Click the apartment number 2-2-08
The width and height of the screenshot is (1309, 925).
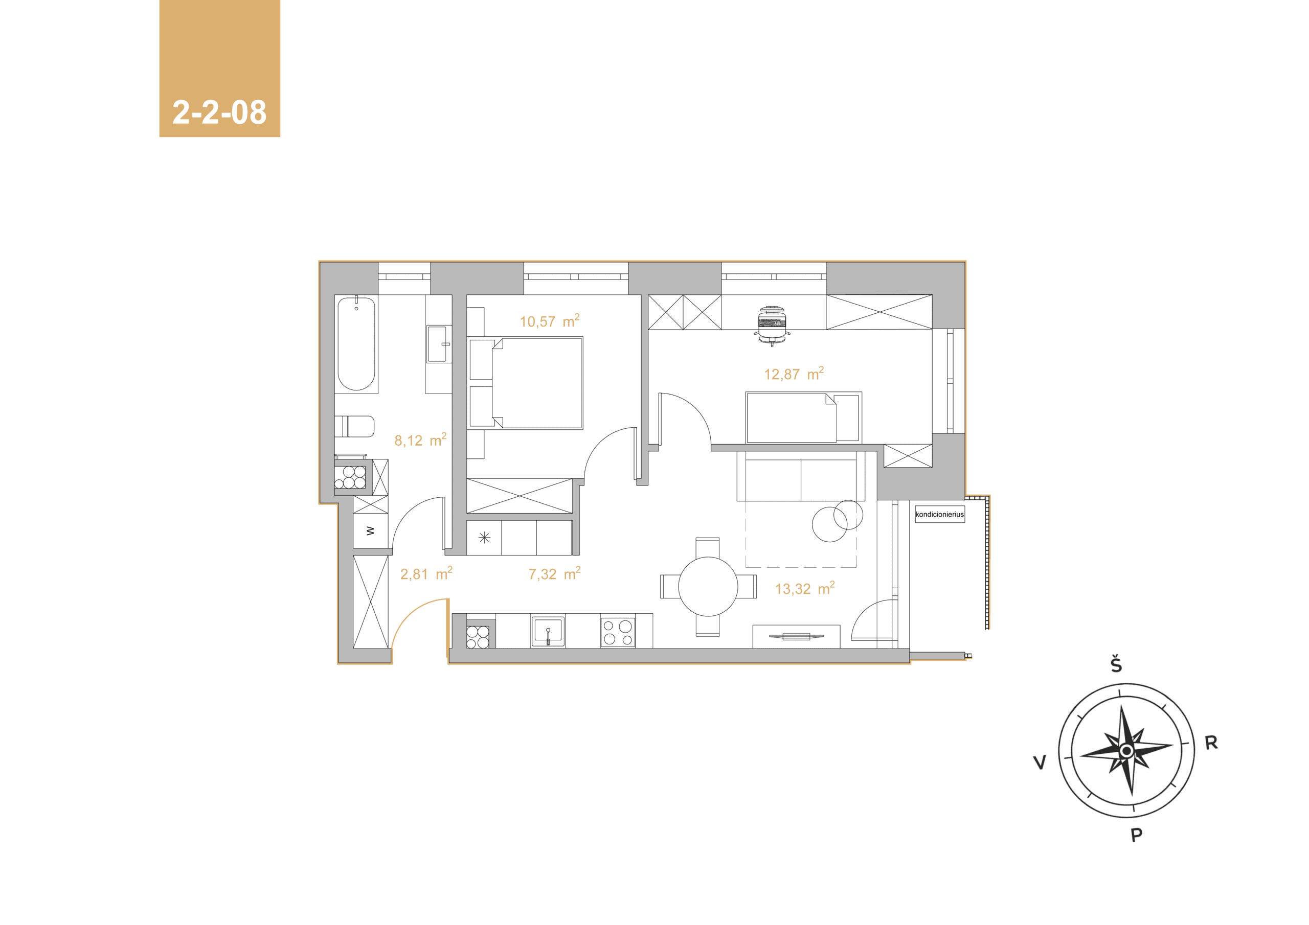point(219,112)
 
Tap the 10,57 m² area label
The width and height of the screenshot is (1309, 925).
point(550,321)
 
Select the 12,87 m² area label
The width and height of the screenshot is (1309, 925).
point(794,374)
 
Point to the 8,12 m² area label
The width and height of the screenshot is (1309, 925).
point(420,440)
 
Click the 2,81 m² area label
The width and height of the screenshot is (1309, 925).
point(426,573)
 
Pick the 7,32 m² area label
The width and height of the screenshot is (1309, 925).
point(554,573)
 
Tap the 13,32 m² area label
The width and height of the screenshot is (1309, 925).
point(804,588)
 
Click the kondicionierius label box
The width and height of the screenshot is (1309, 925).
point(939,514)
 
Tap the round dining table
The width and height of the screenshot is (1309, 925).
point(708,587)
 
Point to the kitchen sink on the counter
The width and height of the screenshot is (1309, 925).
point(548,632)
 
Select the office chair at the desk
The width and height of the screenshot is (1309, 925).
point(773,326)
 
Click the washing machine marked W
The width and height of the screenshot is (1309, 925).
point(371,530)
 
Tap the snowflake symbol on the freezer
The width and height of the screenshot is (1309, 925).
point(484,538)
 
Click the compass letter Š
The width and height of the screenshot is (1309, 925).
point(1116,664)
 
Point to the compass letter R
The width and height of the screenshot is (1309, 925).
point(1211,743)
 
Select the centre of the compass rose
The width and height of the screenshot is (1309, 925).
point(1126,751)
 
